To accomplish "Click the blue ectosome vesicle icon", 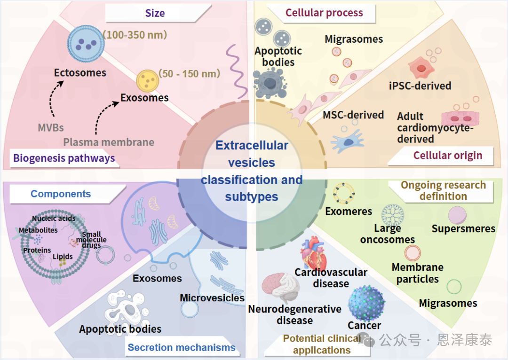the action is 86,44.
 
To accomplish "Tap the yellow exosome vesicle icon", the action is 147,81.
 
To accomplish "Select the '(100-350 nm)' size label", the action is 135,35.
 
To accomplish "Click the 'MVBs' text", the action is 51,127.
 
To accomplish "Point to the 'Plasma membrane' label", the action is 109,142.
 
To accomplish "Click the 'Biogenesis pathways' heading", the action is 64,158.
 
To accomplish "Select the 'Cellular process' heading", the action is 324,13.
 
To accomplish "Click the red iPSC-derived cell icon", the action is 421,68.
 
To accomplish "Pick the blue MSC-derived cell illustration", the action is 347,141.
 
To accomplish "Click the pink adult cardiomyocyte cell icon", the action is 460,119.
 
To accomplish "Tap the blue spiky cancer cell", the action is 366,303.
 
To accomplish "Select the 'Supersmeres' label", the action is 463,228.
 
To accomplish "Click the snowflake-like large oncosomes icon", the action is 392,214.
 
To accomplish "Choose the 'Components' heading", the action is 61,194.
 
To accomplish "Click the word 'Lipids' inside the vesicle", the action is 63,257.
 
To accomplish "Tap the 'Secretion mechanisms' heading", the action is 182,347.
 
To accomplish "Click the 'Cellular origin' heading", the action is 448,156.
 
